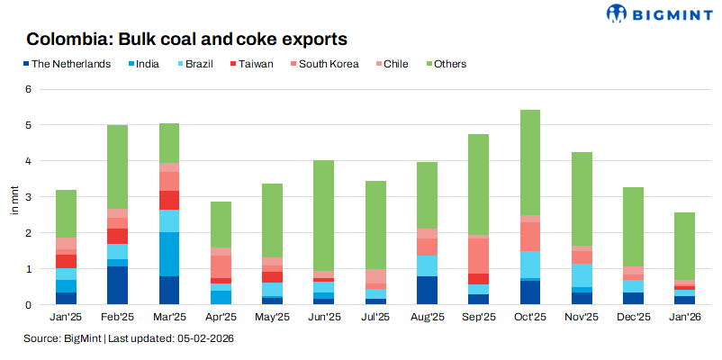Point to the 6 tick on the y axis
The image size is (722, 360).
(x=28, y=89)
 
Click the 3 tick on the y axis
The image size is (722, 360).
(x=28, y=197)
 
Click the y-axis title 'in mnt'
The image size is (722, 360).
(x=13, y=198)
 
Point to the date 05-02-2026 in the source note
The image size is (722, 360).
(x=208, y=338)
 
